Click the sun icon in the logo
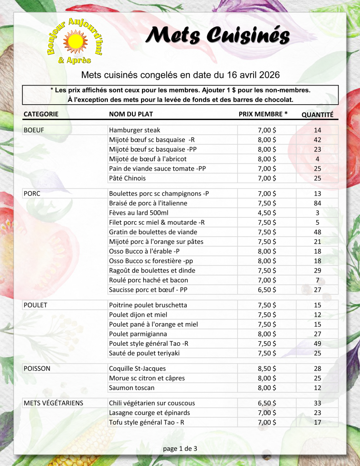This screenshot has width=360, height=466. (x=75, y=41)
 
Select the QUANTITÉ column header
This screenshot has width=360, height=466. (x=317, y=115)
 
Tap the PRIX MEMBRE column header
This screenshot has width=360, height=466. (x=263, y=114)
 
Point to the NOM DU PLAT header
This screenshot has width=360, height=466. (x=131, y=114)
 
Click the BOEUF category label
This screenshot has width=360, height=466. (x=33, y=130)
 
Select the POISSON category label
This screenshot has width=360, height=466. (x=37, y=369)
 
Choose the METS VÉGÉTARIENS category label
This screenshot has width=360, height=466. (x=53, y=403)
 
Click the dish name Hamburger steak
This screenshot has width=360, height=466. (x=135, y=130)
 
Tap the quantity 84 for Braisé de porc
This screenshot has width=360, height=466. (x=317, y=203)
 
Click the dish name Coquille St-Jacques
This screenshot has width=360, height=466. (x=137, y=369)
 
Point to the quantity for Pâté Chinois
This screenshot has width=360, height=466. (x=317, y=178)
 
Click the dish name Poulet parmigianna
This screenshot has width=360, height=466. (x=138, y=334)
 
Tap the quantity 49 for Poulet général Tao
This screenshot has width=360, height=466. (x=317, y=344)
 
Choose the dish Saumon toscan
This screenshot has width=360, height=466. (x=132, y=388)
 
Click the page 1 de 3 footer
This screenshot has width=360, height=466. (x=180, y=449)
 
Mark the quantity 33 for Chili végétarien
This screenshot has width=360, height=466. (x=317, y=403)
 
